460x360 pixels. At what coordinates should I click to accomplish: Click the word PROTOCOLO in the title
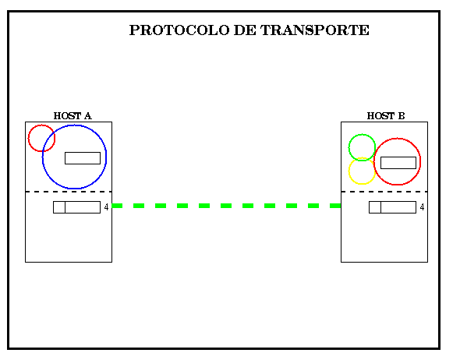(x=179, y=30)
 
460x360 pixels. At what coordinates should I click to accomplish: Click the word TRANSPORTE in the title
(x=315, y=30)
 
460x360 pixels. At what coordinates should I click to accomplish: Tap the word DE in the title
(x=245, y=30)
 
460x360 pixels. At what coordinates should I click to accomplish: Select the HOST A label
(x=73, y=116)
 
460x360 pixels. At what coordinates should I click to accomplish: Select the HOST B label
(x=386, y=116)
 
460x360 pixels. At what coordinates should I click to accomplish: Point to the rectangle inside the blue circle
(x=83, y=158)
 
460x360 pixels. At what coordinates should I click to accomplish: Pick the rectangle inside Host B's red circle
(x=398, y=163)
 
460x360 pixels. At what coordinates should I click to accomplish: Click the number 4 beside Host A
(x=106, y=207)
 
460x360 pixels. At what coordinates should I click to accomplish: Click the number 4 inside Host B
(x=422, y=207)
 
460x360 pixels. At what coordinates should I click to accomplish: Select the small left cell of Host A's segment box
(x=59, y=207)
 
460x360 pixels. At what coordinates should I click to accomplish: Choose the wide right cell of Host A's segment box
(x=83, y=207)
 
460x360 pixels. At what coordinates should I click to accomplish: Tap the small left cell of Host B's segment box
(x=375, y=207)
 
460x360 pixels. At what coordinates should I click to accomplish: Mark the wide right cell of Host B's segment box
(x=398, y=207)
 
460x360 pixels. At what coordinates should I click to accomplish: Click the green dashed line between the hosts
(x=226, y=206)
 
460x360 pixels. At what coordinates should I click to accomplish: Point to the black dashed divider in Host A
(x=69, y=192)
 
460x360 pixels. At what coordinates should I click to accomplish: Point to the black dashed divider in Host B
(x=384, y=192)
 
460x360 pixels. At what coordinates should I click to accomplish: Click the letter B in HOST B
(x=402, y=116)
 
